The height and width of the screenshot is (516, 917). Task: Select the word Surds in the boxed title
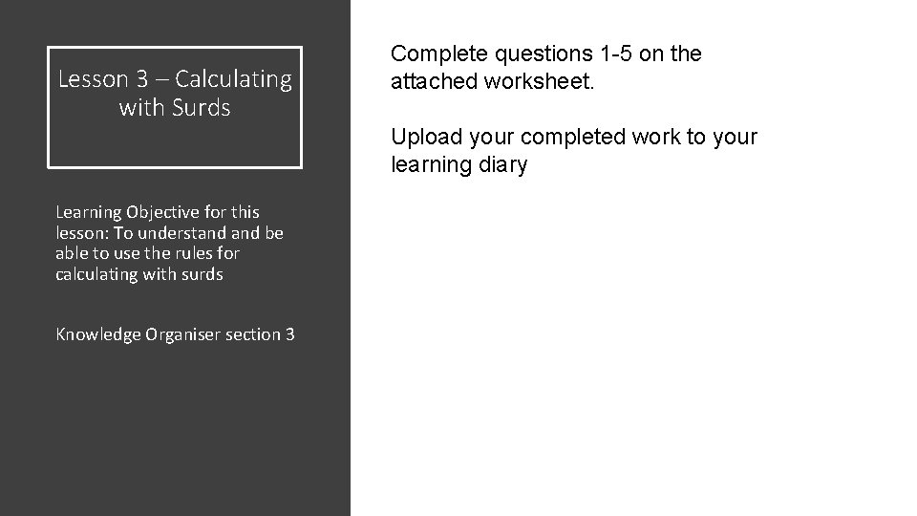(203, 108)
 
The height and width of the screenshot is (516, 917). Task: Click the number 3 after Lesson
(138, 79)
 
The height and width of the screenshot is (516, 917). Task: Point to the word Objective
(145, 212)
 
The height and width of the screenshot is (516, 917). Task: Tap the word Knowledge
(98, 333)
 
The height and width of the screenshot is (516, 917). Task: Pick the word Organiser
(181, 333)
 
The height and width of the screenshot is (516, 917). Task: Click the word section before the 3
(252, 333)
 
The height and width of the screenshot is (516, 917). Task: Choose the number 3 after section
(289, 333)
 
